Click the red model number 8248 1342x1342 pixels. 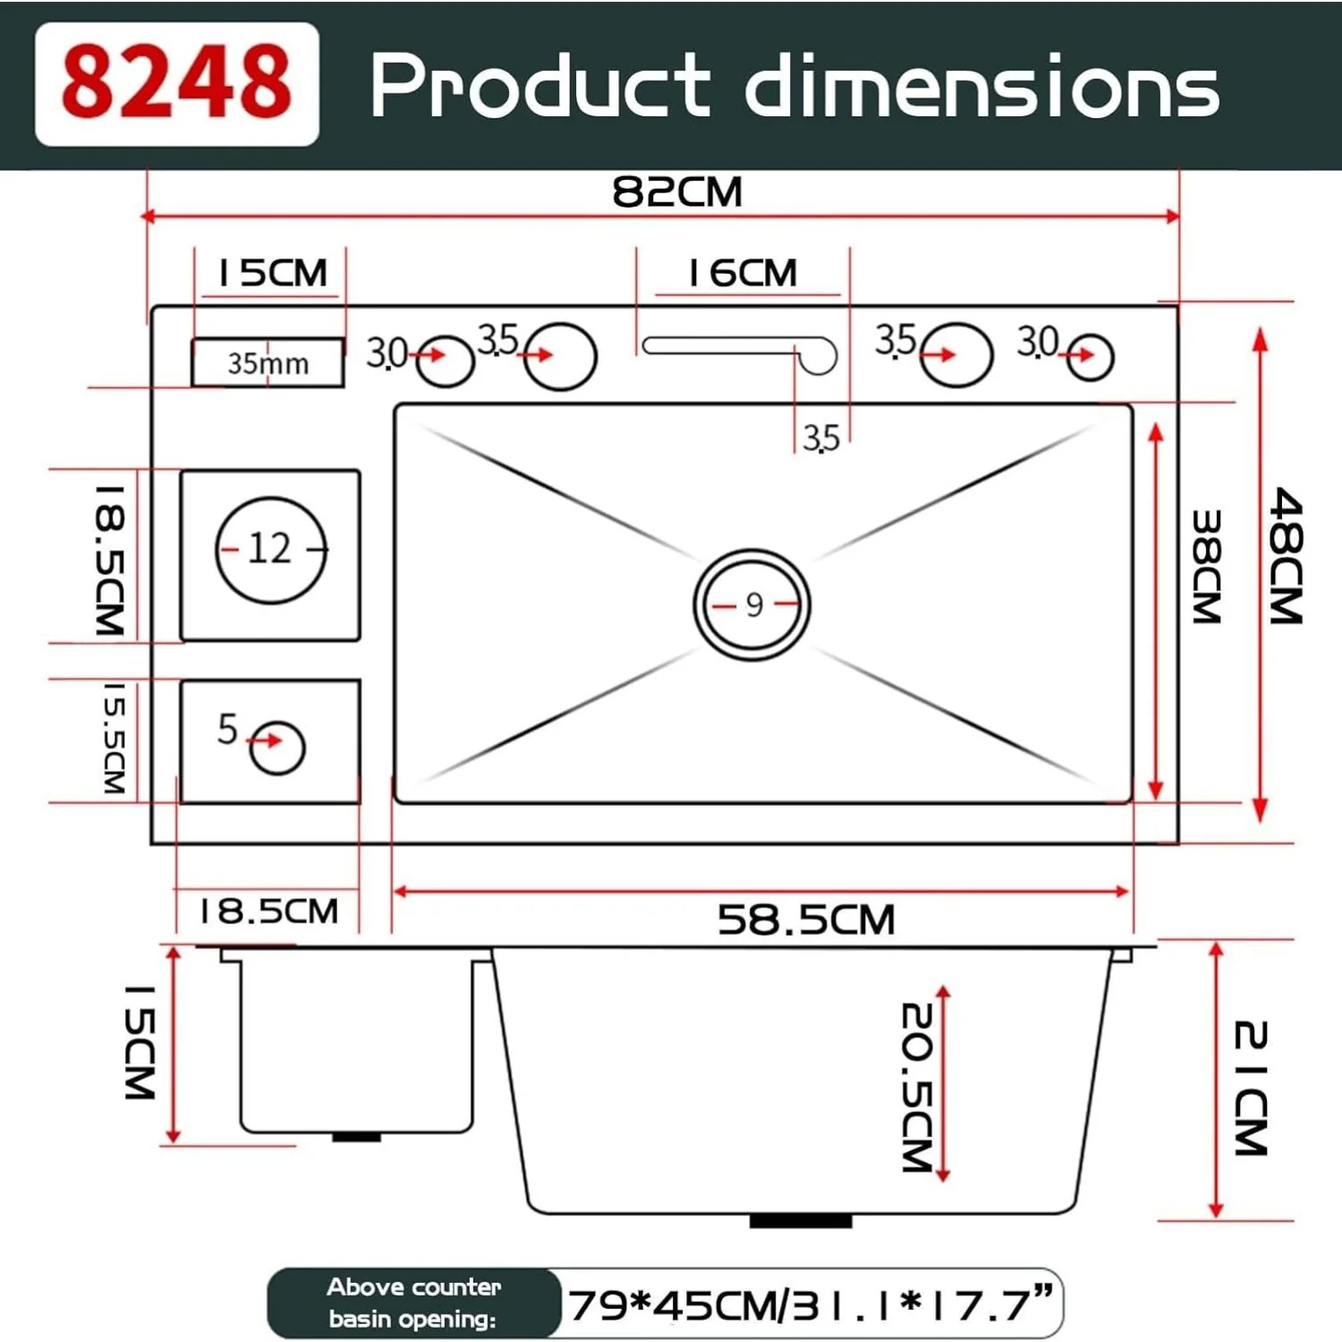176,82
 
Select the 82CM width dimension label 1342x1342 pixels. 677,191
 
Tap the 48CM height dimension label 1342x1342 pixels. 1287,556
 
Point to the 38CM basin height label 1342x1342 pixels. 1207,566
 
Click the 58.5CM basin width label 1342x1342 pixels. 805,920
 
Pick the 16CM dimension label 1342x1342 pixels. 742,273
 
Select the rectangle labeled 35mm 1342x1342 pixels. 268,362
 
